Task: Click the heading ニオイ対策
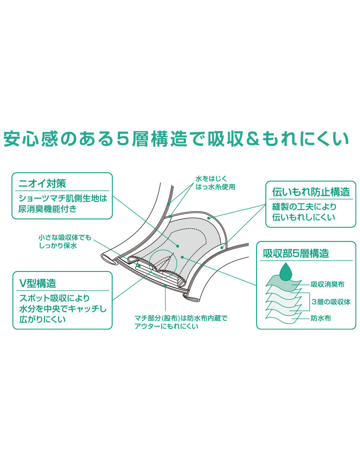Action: [x=43, y=183]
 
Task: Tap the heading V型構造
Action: [x=38, y=283]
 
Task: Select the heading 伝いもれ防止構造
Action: [x=311, y=192]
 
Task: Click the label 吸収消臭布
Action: [x=327, y=284]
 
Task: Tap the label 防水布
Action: [x=321, y=318]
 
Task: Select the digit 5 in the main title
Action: [x=122, y=139]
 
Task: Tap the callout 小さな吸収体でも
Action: [x=64, y=238]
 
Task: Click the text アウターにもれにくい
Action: [x=166, y=326]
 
